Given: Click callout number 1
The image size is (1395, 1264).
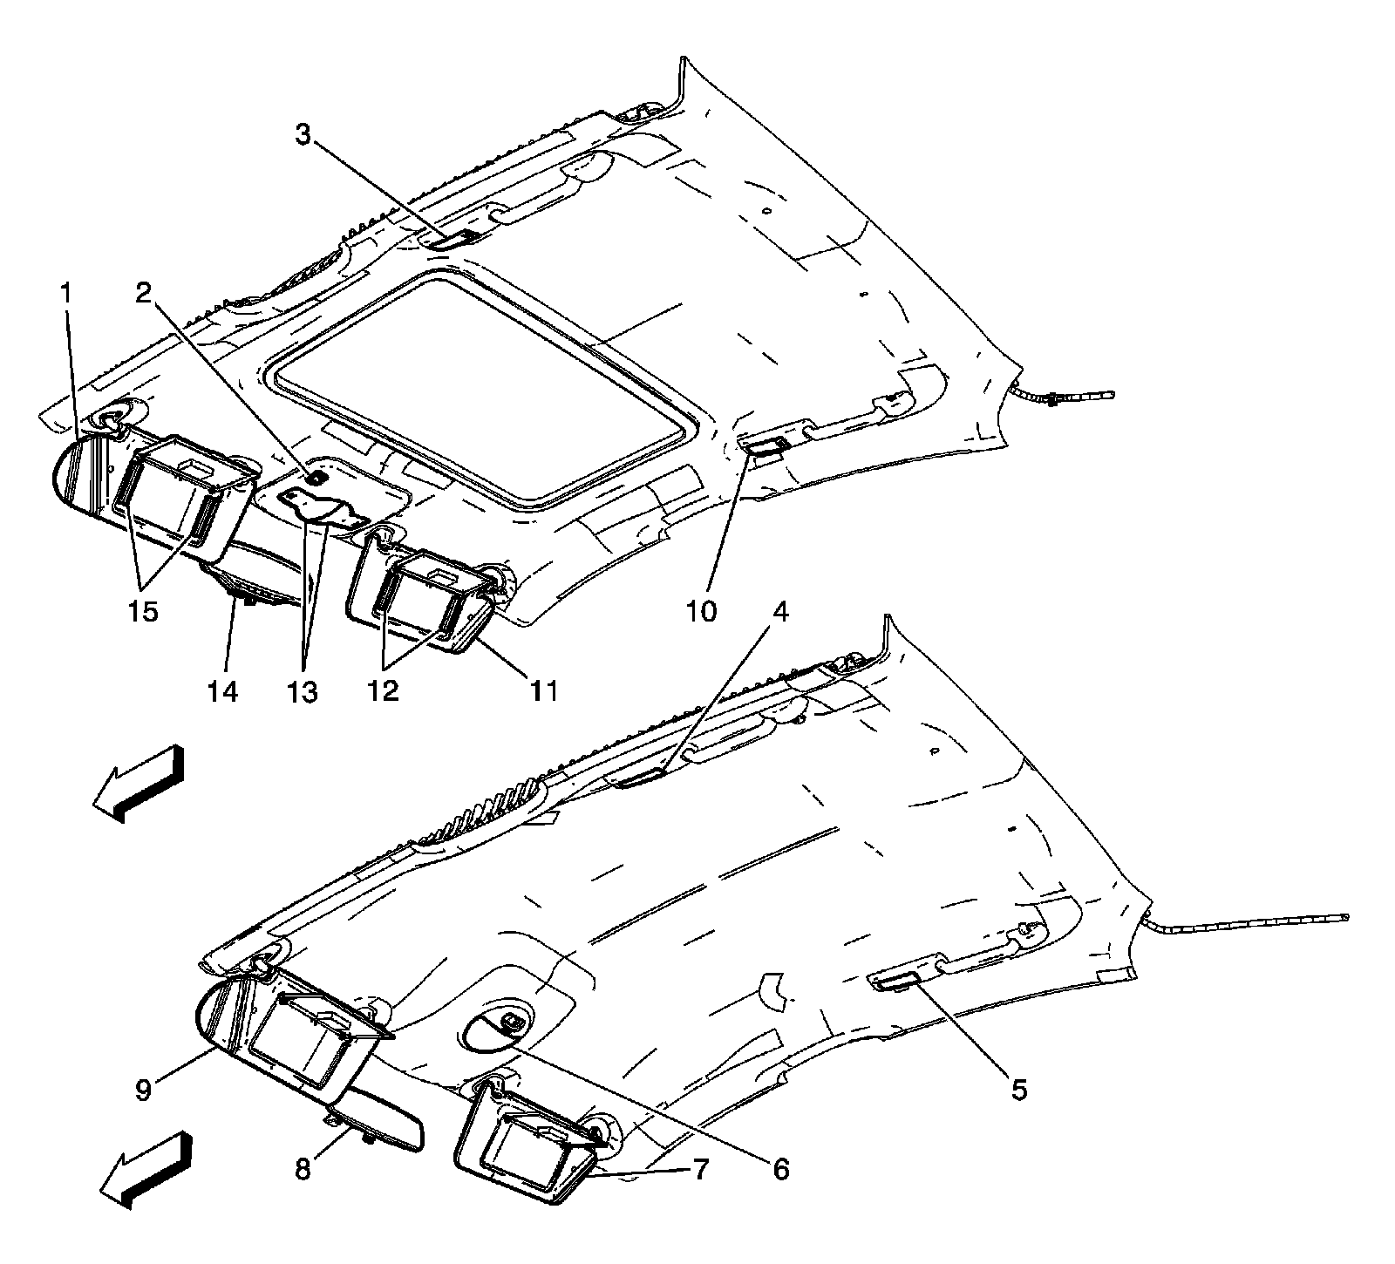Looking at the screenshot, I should (x=65, y=295).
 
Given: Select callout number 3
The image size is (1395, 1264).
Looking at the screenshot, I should (x=302, y=135).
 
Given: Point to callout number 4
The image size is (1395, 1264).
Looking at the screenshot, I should (x=779, y=613).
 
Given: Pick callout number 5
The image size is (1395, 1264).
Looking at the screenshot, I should (x=1018, y=1089).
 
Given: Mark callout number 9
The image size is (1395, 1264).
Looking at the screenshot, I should (x=143, y=1089).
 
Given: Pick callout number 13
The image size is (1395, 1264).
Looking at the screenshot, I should (x=303, y=692).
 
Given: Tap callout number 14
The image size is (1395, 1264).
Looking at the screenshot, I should (x=222, y=692).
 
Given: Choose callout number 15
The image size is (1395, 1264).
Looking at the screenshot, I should (x=143, y=612).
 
